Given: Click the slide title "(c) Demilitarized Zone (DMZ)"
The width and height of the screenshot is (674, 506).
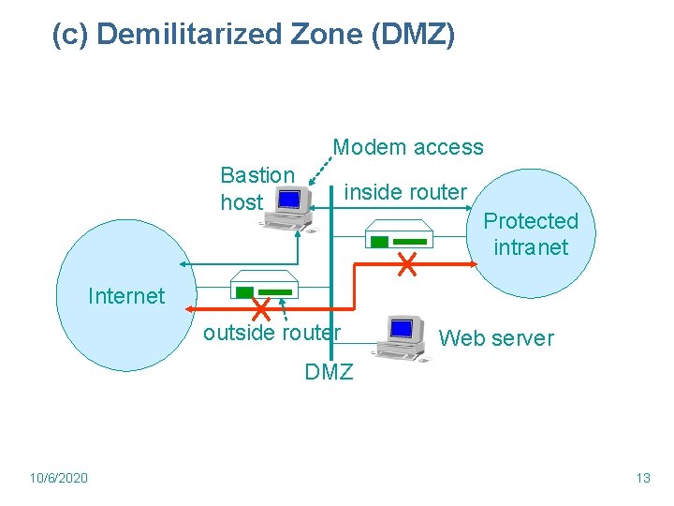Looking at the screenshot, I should pos(254,36).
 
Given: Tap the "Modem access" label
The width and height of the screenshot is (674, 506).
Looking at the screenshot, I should pos(408,147).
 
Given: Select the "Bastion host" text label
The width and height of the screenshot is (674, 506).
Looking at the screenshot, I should pos(256,187).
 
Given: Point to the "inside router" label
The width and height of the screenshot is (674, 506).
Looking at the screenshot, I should pos(405,192).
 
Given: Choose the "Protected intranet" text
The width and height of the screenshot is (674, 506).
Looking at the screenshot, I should pos(531,233).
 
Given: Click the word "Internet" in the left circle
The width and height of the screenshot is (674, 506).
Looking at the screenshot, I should pos(125,296).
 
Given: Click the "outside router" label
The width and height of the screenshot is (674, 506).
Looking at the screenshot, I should pos(271,333).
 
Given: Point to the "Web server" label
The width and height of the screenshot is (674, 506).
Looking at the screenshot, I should pos(496,337).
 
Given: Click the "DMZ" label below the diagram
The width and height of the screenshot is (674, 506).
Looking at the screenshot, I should pos(329,372).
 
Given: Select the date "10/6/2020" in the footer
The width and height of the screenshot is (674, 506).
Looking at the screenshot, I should pos(59,478).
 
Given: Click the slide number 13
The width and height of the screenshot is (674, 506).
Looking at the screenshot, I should pos(642,478).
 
